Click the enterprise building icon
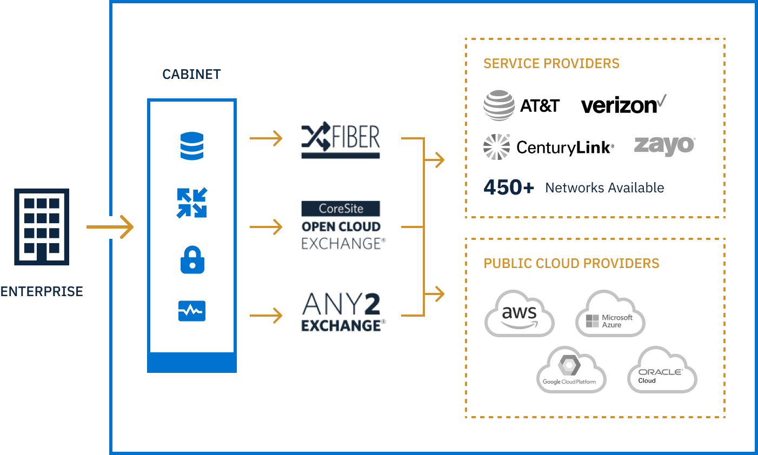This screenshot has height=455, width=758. click(42, 226)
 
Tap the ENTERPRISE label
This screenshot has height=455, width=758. click(42, 291)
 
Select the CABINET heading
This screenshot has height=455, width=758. click(191, 74)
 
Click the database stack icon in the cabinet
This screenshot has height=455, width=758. click(191, 146)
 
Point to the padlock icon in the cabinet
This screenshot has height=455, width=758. click(191, 260)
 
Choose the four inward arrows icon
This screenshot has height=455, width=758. click(191, 203)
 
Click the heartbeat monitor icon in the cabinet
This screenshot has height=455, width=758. click(191, 311)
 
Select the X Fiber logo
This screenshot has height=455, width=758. click(340, 139)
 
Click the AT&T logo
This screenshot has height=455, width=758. click(521, 106)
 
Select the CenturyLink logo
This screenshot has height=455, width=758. click(548, 147)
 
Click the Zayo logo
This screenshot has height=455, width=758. click(664, 146)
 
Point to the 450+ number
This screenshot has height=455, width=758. click(508, 188)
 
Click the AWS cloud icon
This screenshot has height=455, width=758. click(519, 315)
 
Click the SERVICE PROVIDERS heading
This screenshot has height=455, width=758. click(551, 63)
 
